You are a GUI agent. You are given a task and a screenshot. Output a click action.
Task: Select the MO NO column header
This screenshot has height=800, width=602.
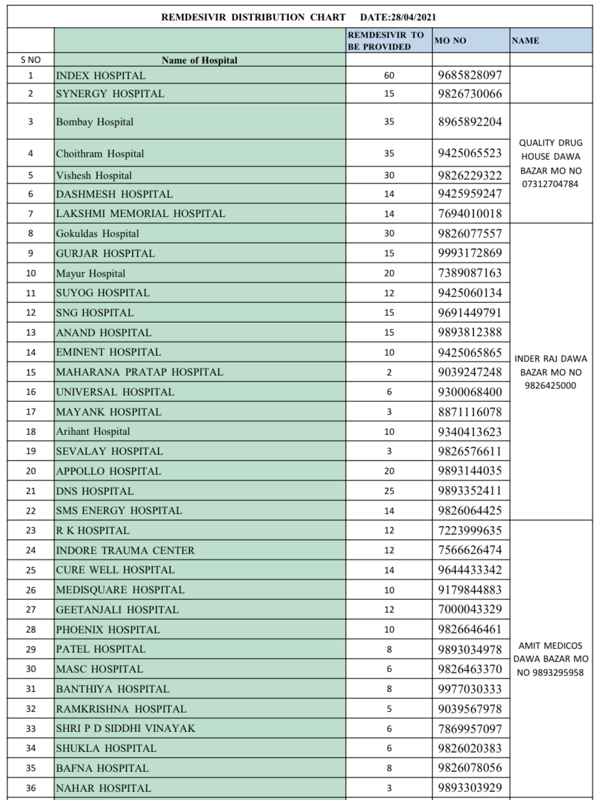[450, 41]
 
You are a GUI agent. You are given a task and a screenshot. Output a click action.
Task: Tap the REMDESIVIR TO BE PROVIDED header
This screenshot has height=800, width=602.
[386, 41]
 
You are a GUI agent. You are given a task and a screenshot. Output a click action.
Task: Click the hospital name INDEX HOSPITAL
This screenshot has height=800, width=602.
[100, 76]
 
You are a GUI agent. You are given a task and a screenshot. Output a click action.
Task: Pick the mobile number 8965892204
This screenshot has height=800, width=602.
[470, 122]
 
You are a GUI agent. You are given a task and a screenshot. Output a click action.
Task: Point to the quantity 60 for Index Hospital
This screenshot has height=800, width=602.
[389, 76]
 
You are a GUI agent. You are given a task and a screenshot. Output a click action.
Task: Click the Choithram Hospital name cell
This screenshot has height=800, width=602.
[100, 154]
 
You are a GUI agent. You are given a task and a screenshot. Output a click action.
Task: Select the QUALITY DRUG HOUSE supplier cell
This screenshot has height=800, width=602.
[550, 163]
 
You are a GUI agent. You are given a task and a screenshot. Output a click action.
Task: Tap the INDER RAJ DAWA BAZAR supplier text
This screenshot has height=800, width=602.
[550, 372]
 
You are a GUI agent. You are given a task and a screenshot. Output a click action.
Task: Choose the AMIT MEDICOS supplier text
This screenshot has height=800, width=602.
[550, 659]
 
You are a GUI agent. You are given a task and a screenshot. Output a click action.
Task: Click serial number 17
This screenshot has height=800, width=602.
[31, 412]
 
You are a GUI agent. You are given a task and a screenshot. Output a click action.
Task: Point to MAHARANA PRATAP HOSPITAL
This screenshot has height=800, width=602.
[139, 372]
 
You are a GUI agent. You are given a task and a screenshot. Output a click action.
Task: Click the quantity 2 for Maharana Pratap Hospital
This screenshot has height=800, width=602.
[389, 373]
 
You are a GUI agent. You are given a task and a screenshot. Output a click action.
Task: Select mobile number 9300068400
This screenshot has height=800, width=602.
[470, 392]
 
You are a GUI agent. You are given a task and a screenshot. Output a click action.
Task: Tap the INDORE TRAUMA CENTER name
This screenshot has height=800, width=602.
[125, 550]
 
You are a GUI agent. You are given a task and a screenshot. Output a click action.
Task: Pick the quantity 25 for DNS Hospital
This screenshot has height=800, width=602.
[389, 491]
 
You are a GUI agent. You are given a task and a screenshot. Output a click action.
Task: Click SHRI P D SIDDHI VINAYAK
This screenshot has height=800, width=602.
[125, 728]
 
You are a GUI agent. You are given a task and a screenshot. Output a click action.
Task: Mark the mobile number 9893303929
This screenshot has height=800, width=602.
[470, 788]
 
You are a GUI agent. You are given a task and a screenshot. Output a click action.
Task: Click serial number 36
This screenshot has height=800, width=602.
[31, 788]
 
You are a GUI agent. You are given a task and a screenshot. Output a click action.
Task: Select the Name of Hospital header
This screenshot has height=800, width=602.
[200, 61]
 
